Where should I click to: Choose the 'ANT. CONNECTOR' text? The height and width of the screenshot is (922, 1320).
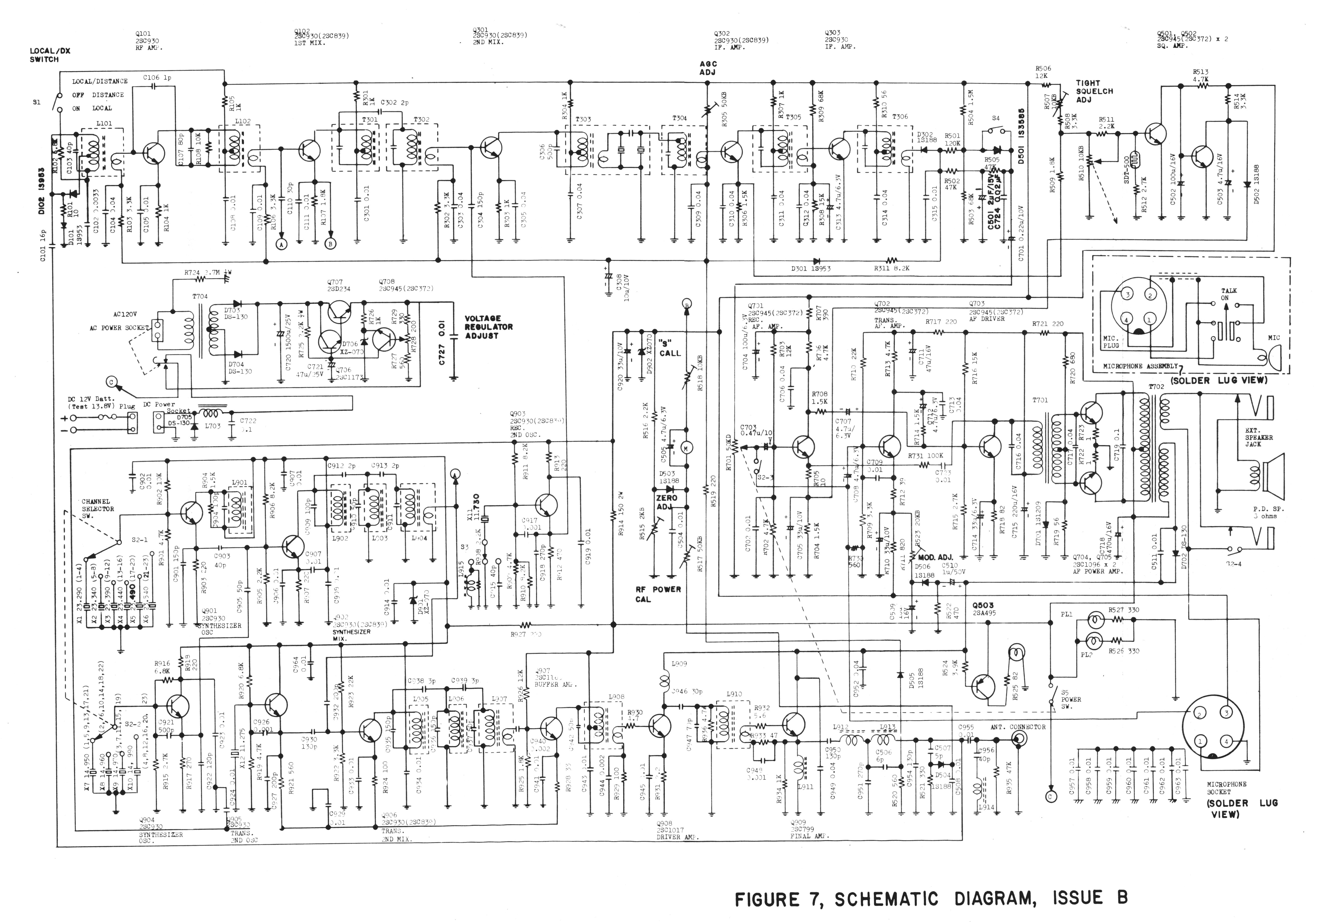[1018, 727]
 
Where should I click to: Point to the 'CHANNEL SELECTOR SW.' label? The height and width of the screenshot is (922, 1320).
[98, 508]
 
